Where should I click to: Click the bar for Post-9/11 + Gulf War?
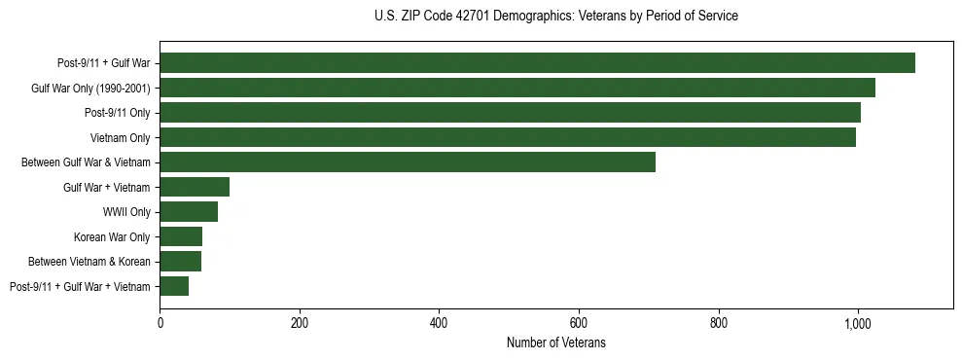[x=537, y=63]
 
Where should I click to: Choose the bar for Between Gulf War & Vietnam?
[x=408, y=162]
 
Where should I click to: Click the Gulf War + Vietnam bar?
[x=195, y=187]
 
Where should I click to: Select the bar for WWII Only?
[x=189, y=212]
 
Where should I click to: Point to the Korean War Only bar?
[x=181, y=236]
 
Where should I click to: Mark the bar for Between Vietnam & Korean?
[x=180, y=262]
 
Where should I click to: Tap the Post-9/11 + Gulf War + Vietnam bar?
[x=174, y=286]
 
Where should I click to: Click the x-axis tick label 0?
[x=160, y=323]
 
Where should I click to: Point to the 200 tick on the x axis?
[x=300, y=323]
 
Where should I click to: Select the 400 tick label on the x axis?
[x=439, y=323]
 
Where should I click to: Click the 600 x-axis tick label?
[x=579, y=323]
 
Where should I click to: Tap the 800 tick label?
[x=719, y=323]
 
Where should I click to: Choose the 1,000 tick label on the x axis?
[x=858, y=323]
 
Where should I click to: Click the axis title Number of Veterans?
[x=556, y=342]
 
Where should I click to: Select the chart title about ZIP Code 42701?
[x=556, y=16]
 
